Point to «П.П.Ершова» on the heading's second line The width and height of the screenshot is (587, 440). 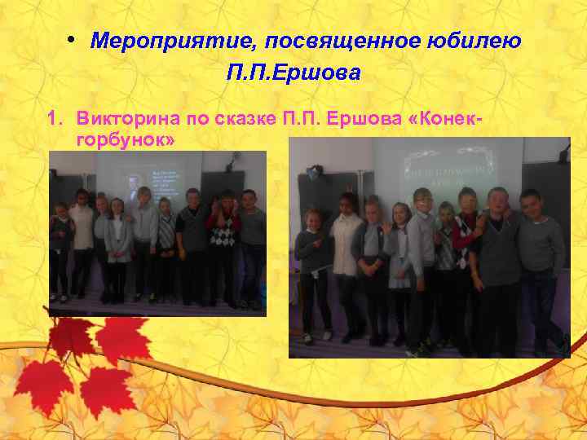pyautogui.click(x=293, y=73)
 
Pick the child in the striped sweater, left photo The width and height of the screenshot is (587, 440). pyautogui.click(x=166, y=232)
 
